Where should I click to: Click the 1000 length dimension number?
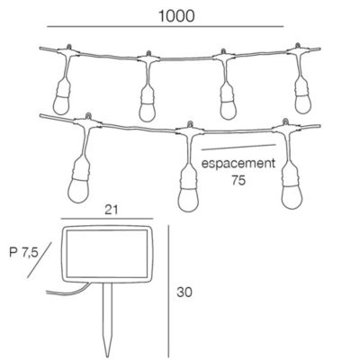point(176,16)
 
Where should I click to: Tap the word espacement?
point(238,164)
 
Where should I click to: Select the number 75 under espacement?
point(238,180)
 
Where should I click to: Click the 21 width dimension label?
point(112,210)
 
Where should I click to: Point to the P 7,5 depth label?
point(24,253)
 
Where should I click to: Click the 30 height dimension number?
point(184,292)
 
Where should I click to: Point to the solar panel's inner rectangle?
point(107,254)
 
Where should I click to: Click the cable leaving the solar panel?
point(68,292)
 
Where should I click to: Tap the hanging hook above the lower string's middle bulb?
point(190,124)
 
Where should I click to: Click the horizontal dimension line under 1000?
point(166,27)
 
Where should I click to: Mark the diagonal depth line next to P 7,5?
point(40,260)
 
